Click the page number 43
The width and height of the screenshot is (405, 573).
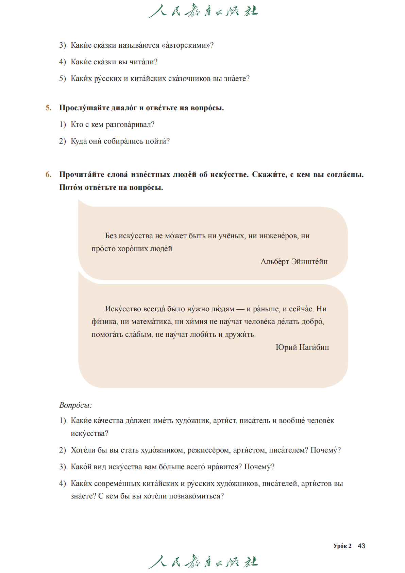pyautogui.click(x=361, y=546)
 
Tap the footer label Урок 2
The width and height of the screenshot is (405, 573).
pyautogui.click(x=342, y=546)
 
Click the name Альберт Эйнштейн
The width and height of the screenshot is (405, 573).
pyautogui.click(x=294, y=262)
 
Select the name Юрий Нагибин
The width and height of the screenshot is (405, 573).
pyautogui.click(x=302, y=347)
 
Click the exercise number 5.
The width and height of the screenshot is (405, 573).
pyautogui.click(x=49, y=108)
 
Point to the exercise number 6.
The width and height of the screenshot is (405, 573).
pyautogui.click(x=49, y=175)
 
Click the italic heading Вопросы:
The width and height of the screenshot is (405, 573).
pyautogui.click(x=75, y=405)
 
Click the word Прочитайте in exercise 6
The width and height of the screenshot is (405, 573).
pyautogui.click(x=82, y=175)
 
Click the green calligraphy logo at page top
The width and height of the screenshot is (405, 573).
pyautogui.click(x=203, y=11)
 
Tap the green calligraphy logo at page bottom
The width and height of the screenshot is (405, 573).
pyautogui.click(x=203, y=562)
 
